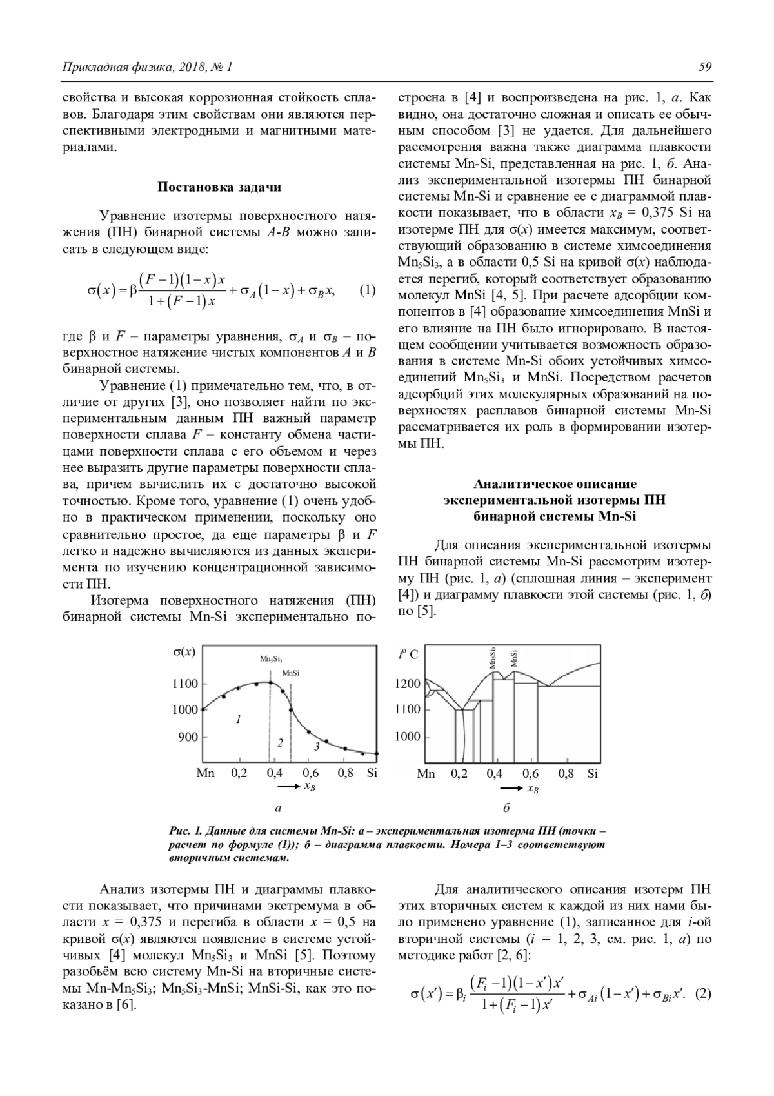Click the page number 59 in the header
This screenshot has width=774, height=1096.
[704, 67]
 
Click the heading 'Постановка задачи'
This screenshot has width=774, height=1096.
[219, 187]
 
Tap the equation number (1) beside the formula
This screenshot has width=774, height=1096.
[366, 290]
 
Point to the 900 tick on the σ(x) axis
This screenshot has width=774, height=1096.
[188, 736]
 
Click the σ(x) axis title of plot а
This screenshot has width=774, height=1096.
[184, 652]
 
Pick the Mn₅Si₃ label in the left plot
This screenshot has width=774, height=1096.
[271, 659]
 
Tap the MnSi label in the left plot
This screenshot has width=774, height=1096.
[290, 673]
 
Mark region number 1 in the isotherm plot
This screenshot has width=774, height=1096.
[238, 718]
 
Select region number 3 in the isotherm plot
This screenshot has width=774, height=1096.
[316, 746]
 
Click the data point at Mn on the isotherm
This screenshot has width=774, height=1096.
[204, 709]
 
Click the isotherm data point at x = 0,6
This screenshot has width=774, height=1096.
[309, 732]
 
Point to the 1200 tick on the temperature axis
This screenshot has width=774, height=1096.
[407, 684]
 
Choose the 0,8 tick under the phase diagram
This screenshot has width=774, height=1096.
[566, 773]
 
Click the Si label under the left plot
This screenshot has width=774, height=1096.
[372, 773]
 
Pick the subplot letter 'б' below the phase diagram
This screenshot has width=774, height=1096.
[506, 808]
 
